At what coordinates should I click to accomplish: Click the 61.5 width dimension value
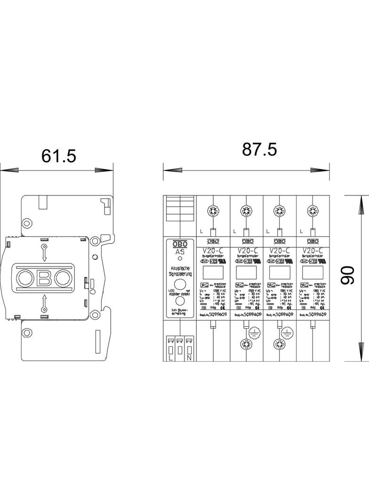(x=58, y=156)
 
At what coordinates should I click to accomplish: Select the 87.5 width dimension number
(x=260, y=149)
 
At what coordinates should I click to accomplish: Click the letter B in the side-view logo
(x=44, y=279)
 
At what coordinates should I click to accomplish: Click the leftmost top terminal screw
(x=213, y=211)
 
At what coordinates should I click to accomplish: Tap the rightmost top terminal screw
(x=312, y=211)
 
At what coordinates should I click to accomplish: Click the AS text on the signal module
(x=180, y=251)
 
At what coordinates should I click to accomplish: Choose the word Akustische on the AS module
(x=180, y=268)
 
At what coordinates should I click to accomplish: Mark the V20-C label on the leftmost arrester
(x=213, y=251)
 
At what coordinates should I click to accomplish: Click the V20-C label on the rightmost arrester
(x=312, y=251)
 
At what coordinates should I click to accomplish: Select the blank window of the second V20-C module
(x=246, y=273)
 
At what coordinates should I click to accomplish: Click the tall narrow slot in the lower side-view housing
(x=97, y=339)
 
